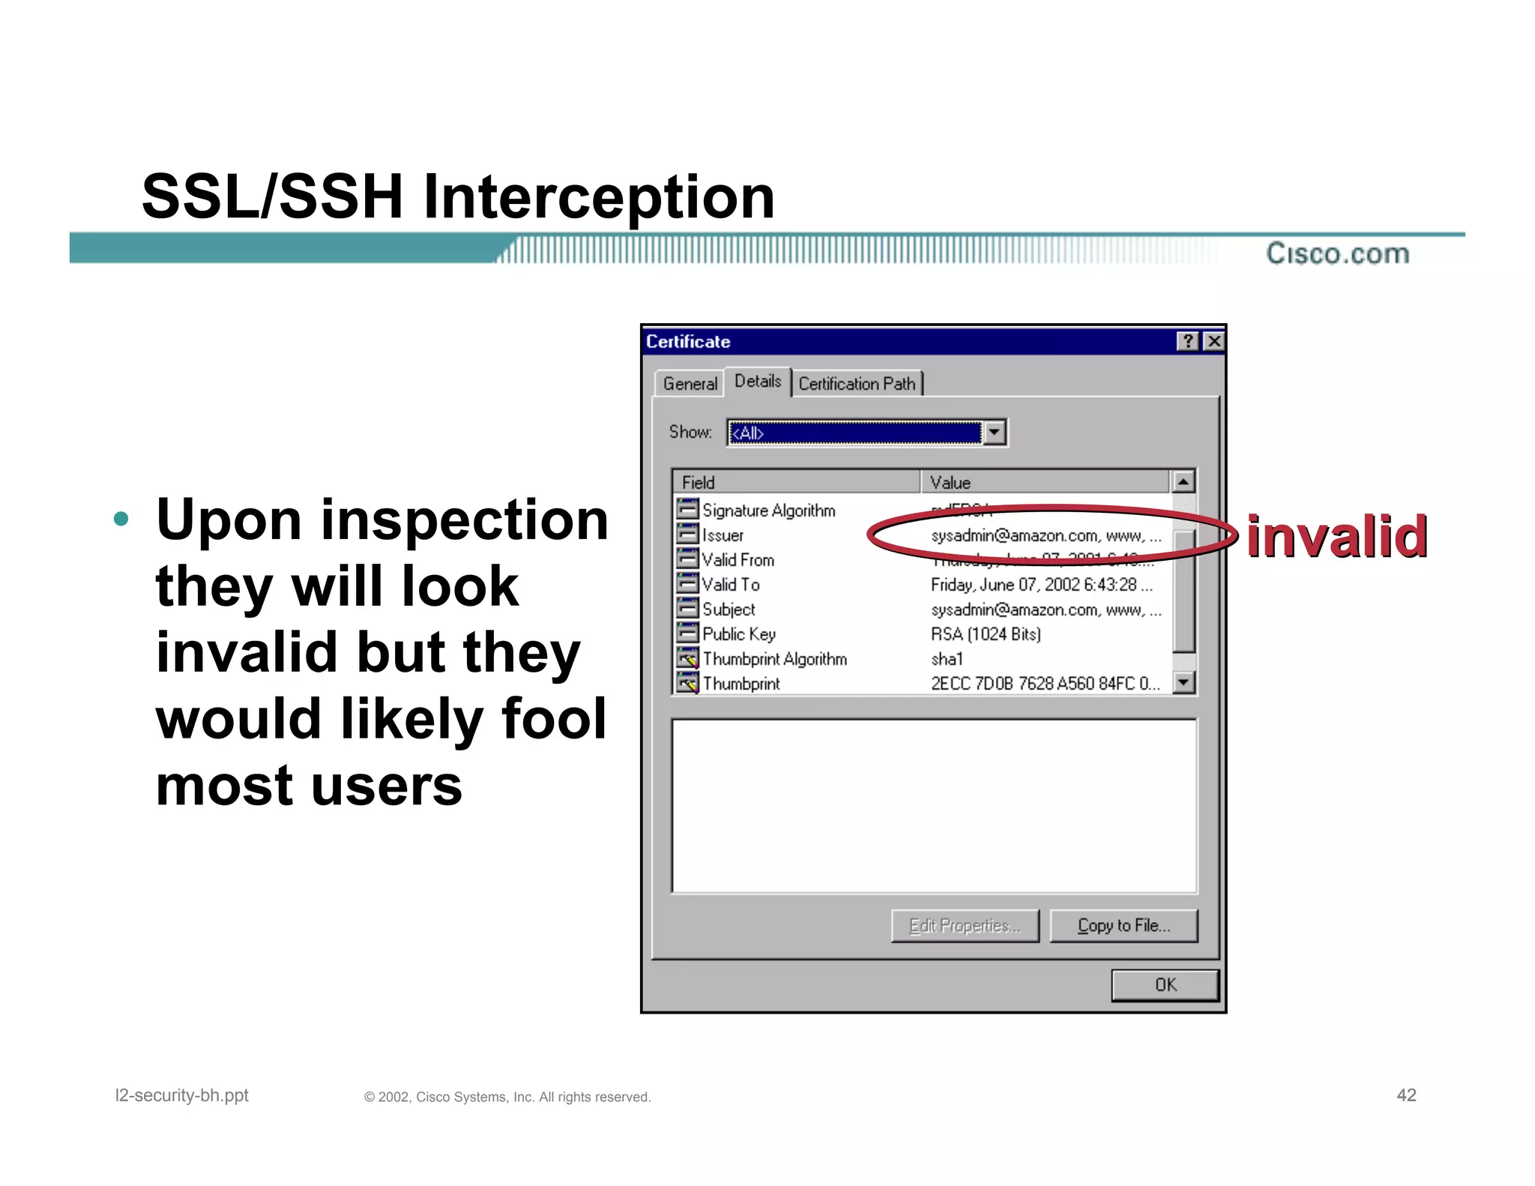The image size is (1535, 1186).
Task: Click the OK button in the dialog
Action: click(x=1164, y=985)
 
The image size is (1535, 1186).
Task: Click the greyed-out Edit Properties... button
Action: click(x=965, y=926)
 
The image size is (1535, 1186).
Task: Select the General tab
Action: click(x=689, y=384)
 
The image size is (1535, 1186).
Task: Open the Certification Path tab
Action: click(x=857, y=384)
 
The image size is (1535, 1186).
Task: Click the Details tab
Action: click(x=757, y=382)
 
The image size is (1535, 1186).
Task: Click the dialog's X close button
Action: click(x=1213, y=342)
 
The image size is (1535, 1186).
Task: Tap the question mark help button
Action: click(x=1188, y=342)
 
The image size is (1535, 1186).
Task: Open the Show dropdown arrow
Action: click(x=994, y=433)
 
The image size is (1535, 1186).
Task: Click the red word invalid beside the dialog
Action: click(x=1336, y=537)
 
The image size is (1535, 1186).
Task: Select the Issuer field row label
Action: click(x=723, y=535)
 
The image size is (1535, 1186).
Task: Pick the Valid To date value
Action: click(x=1040, y=585)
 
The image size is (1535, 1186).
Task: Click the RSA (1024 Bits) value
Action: click(x=986, y=634)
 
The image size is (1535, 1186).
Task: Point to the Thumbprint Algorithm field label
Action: click(x=774, y=659)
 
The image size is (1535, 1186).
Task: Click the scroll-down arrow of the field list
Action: click(x=1183, y=682)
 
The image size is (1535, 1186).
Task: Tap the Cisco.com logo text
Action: click(x=1337, y=253)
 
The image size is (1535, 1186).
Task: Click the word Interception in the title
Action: click(x=598, y=196)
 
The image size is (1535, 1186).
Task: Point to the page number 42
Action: click(x=1406, y=1095)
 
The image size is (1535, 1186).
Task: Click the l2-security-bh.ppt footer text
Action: click(x=181, y=1095)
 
